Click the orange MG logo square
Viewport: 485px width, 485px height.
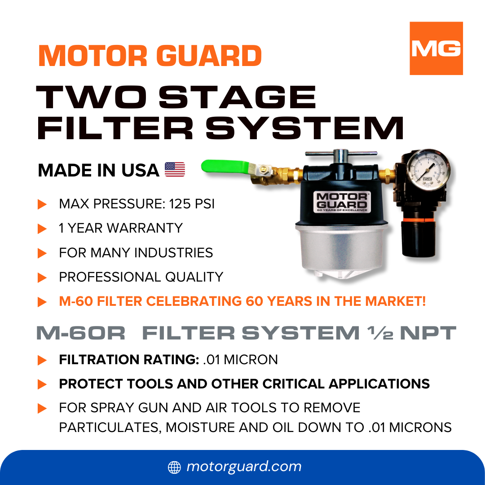(x=436, y=48)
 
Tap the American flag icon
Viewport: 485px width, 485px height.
(x=175, y=169)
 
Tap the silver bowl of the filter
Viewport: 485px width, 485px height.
(x=341, y=250)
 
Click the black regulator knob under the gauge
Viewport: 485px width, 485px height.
(x=418, y=238)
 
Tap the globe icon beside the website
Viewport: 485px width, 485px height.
(x=174, y=467)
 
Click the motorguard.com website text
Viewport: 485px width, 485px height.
(x=244, y=467)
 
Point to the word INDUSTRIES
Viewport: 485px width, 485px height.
(x=173, y=253)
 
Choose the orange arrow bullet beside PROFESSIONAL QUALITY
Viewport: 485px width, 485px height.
(x=42, y=278)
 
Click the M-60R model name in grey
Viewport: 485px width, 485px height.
(x=81, y=333)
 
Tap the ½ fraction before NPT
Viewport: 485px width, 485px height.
(x=380, y=333)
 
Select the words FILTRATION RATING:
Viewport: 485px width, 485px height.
(x=129, y=360)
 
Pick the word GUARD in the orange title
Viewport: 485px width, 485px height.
(x=209, y=56)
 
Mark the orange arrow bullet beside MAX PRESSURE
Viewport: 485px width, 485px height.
(x=42, y=204)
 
